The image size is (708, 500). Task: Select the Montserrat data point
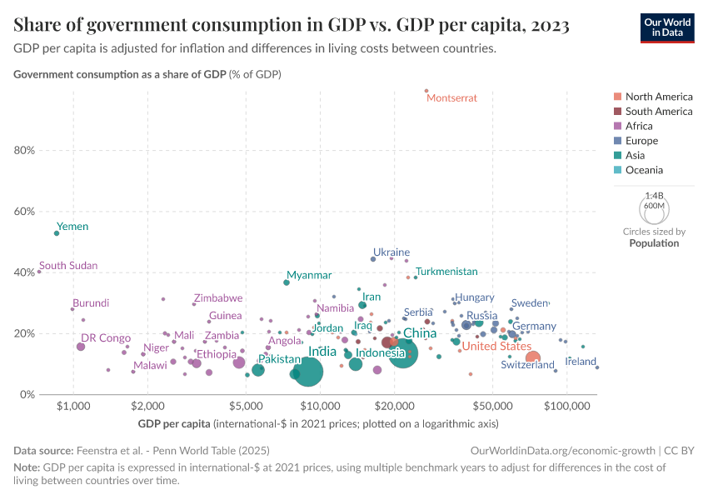(426, 91)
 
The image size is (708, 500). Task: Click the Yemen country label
(72, 227)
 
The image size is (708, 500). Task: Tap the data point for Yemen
(57, 233)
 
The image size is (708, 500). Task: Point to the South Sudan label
(68, 266)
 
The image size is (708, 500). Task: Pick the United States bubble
(533, 357)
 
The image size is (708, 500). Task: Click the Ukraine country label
(391, 252)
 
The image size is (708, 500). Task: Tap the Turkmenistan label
(446, 272)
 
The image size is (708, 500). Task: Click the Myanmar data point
(287, 282)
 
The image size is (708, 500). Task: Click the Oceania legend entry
(644, 170)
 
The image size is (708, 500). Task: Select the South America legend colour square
(617, 111)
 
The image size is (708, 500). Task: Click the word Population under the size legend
(654, 243)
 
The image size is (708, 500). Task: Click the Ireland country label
(581, 362)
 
